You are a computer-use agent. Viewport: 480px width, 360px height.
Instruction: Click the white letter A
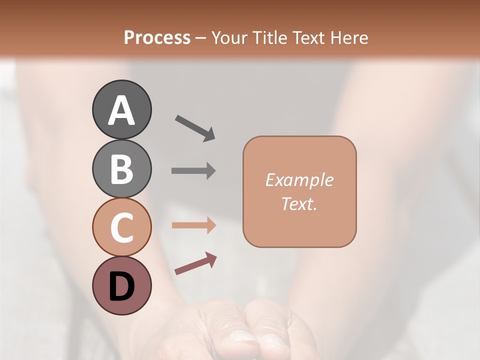pos(122,110)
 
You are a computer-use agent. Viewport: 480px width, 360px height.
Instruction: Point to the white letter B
pos(122,169)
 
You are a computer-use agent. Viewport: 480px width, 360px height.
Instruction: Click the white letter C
pos(122,227)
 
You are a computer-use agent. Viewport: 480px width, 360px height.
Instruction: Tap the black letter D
pos(122,286)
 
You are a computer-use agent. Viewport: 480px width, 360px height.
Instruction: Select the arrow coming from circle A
pos(195,128)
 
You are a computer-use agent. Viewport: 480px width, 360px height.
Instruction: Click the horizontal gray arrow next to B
pos(193,170)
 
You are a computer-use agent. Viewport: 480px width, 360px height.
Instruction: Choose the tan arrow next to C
pos(193,225)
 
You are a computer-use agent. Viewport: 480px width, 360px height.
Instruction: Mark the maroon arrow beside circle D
pos(195,263)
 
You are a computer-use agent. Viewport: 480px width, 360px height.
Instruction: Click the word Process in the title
pos(157,38)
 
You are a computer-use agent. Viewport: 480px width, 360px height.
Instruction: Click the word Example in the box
pos(299,180)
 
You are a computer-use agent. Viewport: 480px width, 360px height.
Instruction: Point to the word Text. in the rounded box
pos(299,203)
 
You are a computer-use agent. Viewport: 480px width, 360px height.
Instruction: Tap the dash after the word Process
pos(200,38)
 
